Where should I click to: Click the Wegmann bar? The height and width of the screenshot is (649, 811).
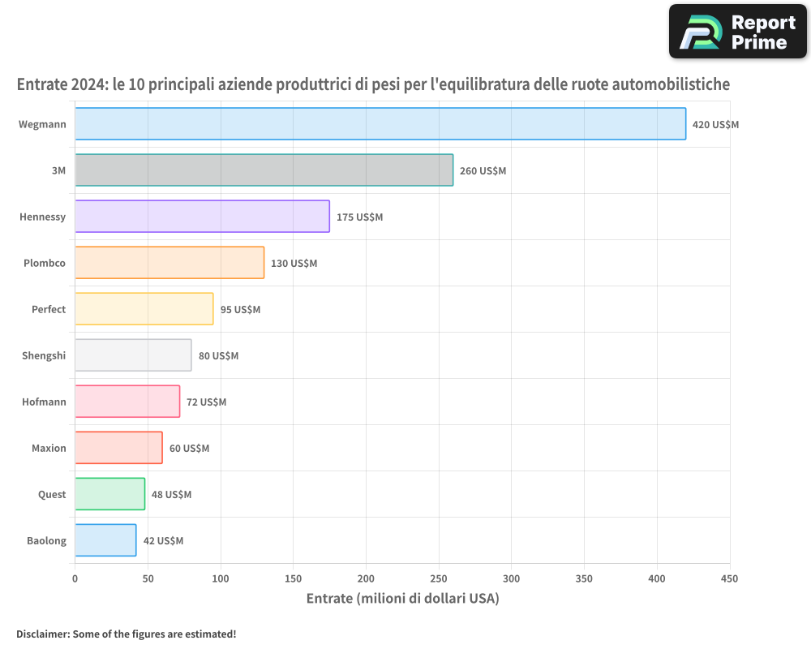pyautogui.click(x=380, y=124)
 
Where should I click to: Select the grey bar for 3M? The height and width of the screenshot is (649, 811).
pyautogui.click(x=264, y=170)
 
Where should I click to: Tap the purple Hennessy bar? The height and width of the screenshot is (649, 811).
pyautogui.click(x=202, y=217)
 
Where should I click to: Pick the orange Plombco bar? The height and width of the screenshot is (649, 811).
pyautogui.click(x=169, y=263)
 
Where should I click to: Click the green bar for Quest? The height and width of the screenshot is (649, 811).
pyautogui.click(x=109, y=494)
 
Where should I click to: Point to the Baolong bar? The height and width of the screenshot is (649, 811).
pyautogui.click(x=105, y=540)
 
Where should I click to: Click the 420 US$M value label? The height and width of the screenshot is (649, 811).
pyautogui.click(x=715, y=125)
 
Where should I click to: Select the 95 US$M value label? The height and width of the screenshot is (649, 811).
pyautogui.click(x=240, y=310)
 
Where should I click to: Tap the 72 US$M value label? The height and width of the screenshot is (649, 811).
pyautogui.click(x=206, y=402)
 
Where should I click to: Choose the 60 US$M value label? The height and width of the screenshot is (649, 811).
pyautogui.click(x=189, y=449)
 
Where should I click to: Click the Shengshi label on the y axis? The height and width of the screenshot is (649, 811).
pyautogui.click(x=44, y=355)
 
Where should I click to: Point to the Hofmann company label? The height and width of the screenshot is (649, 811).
pyautogui.click(x=44, y=402)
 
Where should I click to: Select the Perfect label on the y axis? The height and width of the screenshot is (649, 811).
pyautogui.click(x=49, y=309)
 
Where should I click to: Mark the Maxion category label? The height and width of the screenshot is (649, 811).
pyautogui.click(x=49, y=448)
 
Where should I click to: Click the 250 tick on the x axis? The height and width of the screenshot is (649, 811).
pyautogui.click(x=439, y=578)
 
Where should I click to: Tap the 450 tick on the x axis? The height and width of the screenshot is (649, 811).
pyautogui.click(x=730, y=578)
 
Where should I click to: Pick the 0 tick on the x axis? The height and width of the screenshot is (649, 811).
pyautogui.click(x=75, y=578)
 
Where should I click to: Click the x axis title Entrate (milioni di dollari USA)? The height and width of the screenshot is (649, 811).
pyautogui.click(x=402, y=599)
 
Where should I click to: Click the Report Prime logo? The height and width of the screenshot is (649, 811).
pyautogui.click(x=737, y=32)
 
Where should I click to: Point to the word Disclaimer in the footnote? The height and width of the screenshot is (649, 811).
pyautogui.click(x=41, y=634)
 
